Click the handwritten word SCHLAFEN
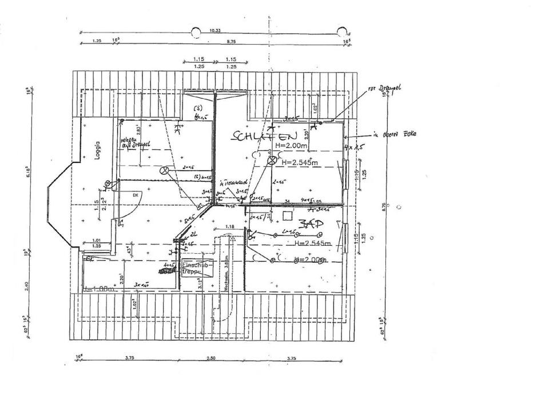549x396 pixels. pos(264,136)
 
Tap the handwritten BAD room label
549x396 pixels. pos(308,224)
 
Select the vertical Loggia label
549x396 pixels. pos(97,150)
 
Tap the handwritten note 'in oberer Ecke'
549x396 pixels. pos(395,134)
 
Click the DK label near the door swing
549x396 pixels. pos(136,195)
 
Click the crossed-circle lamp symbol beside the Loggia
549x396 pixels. pos(107,183)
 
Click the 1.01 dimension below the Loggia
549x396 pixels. pos(96,240)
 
